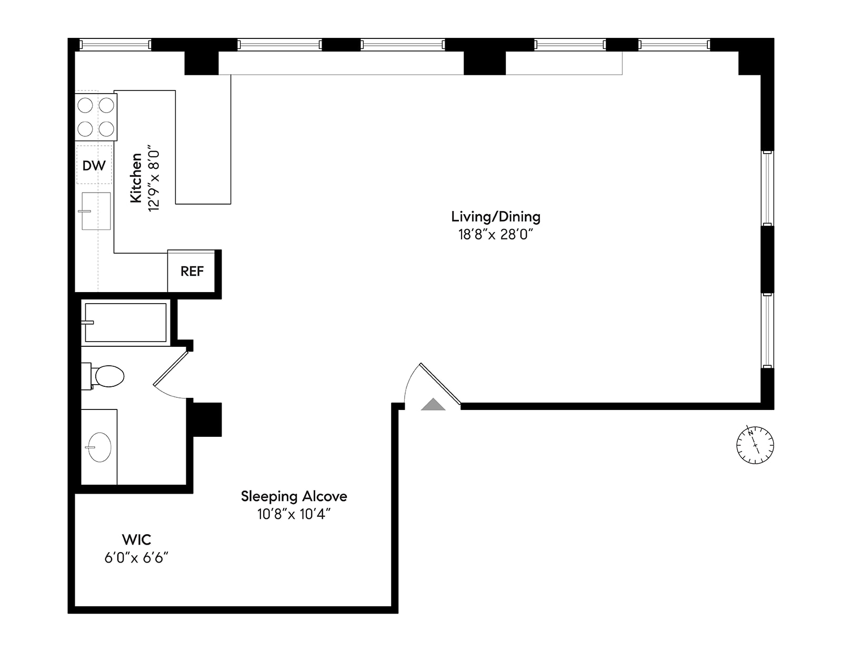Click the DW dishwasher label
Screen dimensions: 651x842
point(94,166)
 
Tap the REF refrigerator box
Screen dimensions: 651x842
point(192,272)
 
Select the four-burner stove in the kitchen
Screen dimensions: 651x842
point(96,117)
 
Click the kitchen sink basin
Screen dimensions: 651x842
point(96,211)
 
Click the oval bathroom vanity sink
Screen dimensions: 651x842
point(99,447)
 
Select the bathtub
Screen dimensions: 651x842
point(125,323)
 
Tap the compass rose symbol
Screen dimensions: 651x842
point(755,445)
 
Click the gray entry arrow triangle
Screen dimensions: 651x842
point(433,404)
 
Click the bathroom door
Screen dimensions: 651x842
point(171,369)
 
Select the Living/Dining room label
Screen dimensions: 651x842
point(496,216)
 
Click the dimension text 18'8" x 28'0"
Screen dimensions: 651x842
point(496,235)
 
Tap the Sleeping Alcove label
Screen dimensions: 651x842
point(294,496)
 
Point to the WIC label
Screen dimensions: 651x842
point(136,539)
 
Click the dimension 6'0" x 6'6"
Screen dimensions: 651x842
point(136,558)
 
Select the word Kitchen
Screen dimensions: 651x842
point(136,177)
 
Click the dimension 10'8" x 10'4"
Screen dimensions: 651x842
point(294,514)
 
